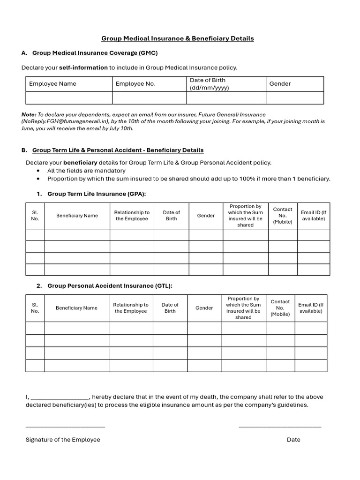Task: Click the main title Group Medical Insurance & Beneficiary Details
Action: [x=178, y=38]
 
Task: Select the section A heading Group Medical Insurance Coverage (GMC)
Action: [x=95, y=53]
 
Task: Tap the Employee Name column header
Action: [x=52, y=84]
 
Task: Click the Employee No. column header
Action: [x=135, y=84]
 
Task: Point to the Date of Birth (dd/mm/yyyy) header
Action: [x=210, y=84]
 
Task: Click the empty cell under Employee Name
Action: [x=69, y=97]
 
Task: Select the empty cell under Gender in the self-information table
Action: [x=294, y=97]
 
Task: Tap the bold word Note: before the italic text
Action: [x=29, y=114]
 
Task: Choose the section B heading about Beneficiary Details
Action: [x=118, y=150]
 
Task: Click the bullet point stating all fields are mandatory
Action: [x=86, y=171]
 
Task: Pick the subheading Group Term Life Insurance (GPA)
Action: [x=97, y=194]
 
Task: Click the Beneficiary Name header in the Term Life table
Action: [x=77, y=216]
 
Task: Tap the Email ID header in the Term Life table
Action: [x=313, y=216]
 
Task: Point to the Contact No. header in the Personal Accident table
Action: [x=280, y=308]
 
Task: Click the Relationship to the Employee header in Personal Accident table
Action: [x=130, y=308]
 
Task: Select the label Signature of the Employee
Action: [x=63, y=440]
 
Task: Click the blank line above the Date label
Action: [x=280, y=426]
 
